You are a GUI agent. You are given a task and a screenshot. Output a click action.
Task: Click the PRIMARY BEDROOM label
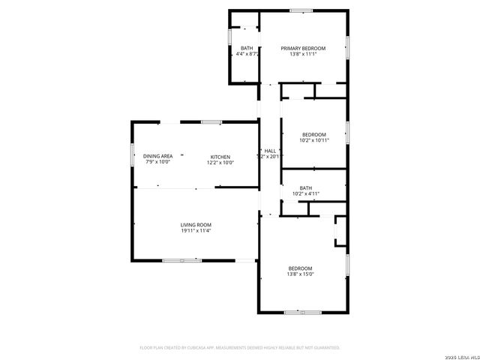[303, 48]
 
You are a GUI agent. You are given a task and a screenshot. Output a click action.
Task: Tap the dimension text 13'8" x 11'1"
[303, 54]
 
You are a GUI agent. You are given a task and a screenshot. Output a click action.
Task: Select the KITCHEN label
[220, 157]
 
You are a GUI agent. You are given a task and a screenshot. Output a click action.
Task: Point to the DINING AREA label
[157, 157]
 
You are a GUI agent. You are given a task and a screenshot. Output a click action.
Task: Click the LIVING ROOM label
[195, 225]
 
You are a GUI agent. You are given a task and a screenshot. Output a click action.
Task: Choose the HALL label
[269, 151]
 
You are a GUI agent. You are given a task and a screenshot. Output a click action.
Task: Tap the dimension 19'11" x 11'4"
[195, 231]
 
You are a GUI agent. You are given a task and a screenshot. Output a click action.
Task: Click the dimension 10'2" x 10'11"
[313, 141]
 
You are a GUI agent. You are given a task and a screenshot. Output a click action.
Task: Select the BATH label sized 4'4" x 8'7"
[246, 48]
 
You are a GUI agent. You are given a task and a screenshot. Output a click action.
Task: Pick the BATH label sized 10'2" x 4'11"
[305, 188]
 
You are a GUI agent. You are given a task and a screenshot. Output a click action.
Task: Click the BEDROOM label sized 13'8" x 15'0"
[300, 268]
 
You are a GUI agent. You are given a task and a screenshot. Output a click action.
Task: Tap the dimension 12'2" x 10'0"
[220, 163]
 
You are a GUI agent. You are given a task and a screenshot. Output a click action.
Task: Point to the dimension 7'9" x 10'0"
[157, 163]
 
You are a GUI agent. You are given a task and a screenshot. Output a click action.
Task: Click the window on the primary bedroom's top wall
[301, 10]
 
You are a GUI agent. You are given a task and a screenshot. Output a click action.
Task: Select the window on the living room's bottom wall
[182, 260]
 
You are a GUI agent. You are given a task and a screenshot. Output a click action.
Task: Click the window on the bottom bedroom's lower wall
[302, 312]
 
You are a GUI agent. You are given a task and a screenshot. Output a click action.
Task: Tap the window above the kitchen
[211, 121]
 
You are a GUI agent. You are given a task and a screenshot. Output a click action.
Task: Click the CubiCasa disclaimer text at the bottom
[240, 348]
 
